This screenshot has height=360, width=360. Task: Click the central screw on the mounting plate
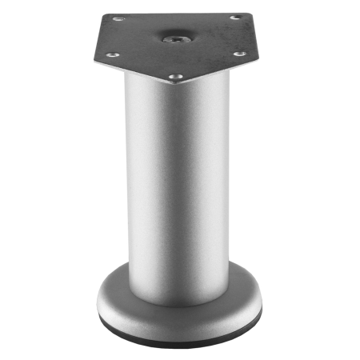click(x=174, y=37)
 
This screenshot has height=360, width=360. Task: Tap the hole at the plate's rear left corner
click(x=118, y=18)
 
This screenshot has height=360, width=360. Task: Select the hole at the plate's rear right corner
click(x=235, y=18)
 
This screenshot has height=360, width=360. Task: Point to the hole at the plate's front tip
click(x=175, y=78)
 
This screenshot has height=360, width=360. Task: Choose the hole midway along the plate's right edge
click(x=238, y=54)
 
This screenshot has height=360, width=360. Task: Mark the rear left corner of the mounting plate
click(x=102, y=14)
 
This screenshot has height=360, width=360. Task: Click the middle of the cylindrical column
click(x=176, y=184)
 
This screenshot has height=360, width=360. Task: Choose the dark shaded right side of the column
click(x=221, y=184)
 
